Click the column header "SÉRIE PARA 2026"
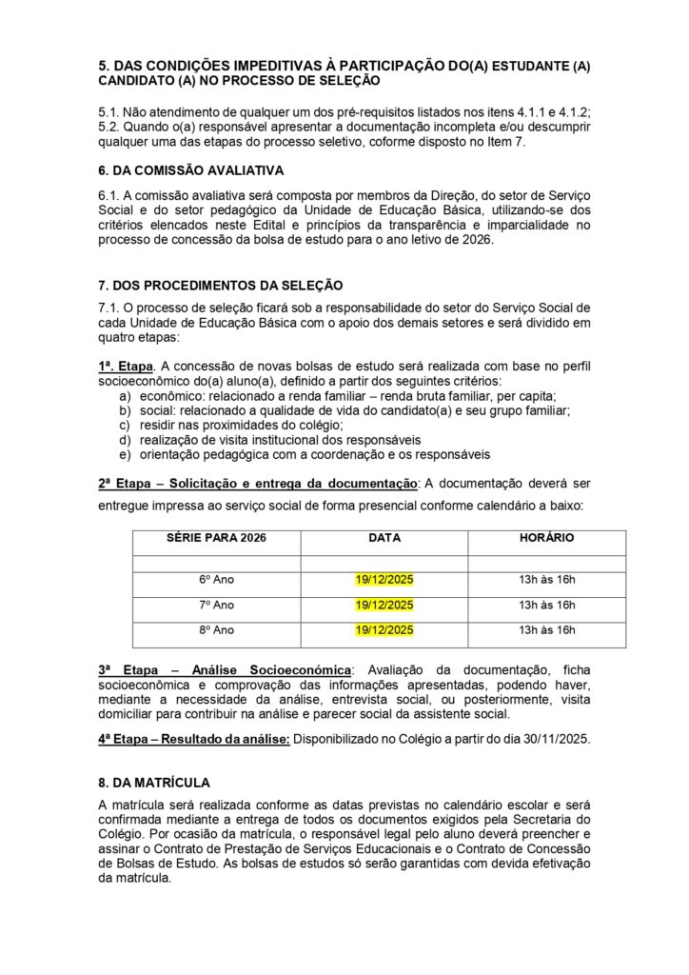[216, 538]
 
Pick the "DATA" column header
[384, 538]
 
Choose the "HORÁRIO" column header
[546, 538]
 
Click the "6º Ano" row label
[216, 580]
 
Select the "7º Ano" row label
[216, 605]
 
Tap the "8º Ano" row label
[216, 629]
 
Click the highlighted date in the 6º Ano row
[384, 580]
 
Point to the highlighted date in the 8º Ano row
[384, 629]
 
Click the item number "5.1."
[111, 111]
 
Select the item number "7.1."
[111, 308]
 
